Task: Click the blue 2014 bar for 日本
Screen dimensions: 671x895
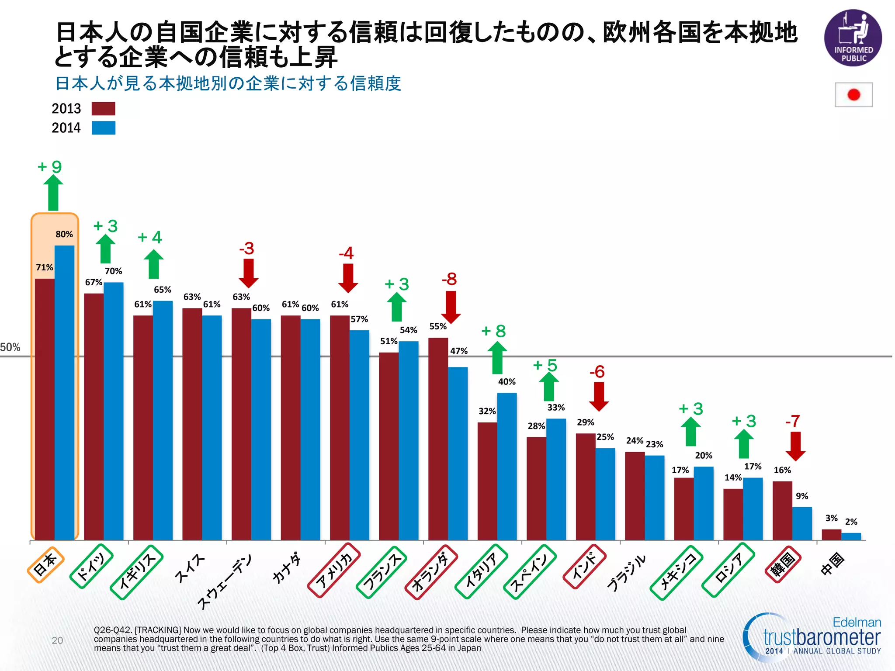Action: (x=64, y=393)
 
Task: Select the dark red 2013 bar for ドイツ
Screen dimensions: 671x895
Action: (x=94, y=417)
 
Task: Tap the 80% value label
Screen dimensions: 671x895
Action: (x=64, y=234)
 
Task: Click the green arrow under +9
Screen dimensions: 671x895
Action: (x=53, y=193)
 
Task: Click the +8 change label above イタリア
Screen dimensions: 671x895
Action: (x=494, y=331)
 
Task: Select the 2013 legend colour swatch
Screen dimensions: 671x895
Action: (x=104, y=109)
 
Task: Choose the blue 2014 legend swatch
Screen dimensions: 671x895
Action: (x=104, y=128)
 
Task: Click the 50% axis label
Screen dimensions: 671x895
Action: (x=10, y=347)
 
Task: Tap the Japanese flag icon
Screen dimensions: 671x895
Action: (x=853, y=95)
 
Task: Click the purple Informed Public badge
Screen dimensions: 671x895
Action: (x=853, y=38)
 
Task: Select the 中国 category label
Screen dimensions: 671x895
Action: (x=833, y=564)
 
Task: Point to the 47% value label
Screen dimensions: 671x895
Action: (x=459, y=351)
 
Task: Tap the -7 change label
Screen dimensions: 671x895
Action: (x=793, y=421)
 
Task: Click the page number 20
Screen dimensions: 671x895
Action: (x=57, y=640)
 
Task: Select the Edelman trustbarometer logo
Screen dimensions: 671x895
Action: (x=813, y=637)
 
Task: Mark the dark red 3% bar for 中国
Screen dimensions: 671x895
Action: (x=831, y=535)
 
